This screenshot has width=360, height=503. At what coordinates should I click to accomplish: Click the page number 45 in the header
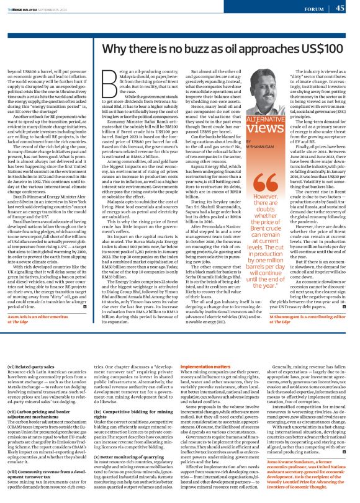click(x=340, y=8)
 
